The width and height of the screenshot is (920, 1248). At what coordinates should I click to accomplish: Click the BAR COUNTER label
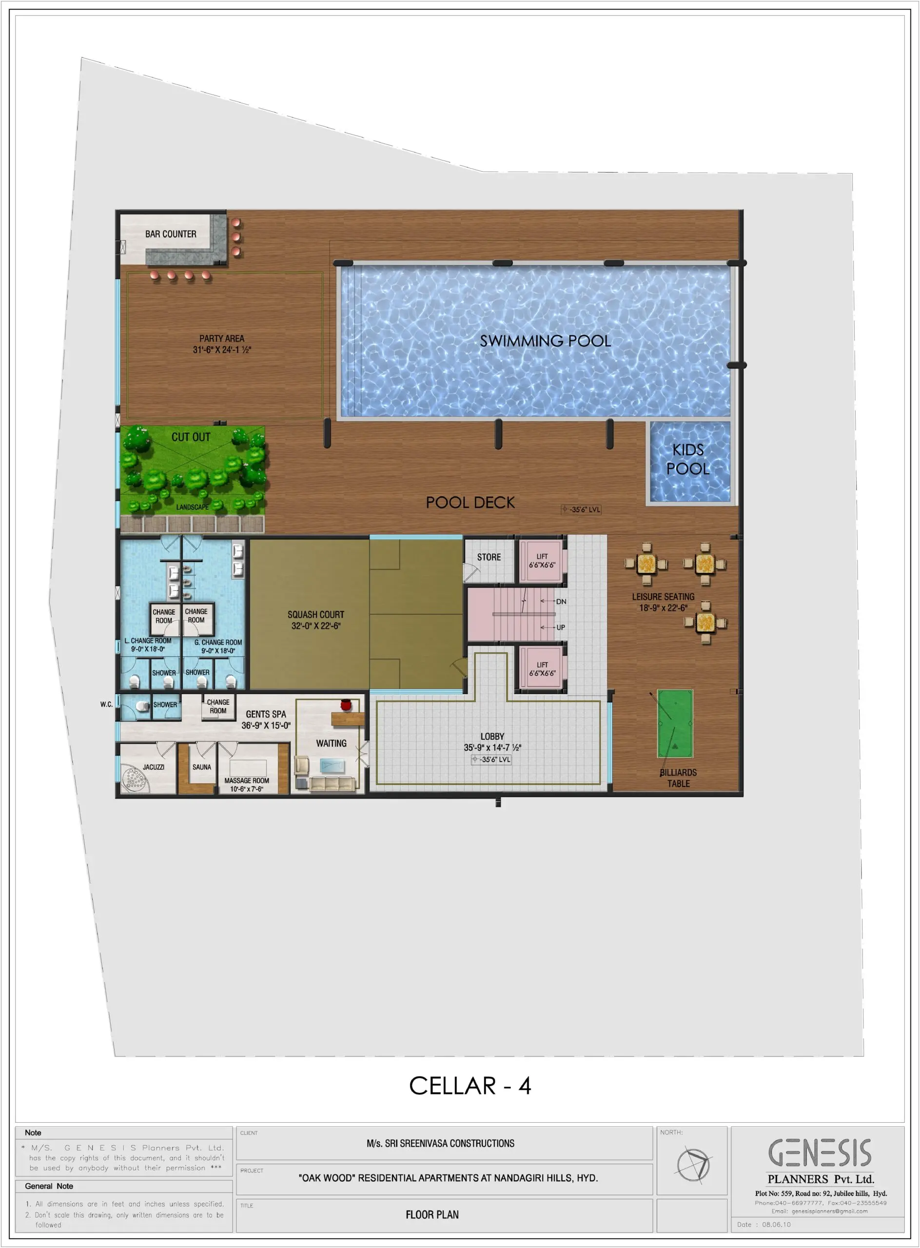point(171,234)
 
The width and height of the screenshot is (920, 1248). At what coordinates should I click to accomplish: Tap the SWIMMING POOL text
point(545,341)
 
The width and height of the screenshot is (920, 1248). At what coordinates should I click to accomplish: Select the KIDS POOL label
point(688,459)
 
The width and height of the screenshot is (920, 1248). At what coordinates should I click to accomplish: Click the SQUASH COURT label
point(316,614)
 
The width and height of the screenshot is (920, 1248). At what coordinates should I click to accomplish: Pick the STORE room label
point(489,557)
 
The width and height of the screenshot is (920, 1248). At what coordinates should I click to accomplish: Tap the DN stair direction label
point(561,602)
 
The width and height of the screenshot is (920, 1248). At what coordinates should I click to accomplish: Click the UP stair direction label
point(561,627)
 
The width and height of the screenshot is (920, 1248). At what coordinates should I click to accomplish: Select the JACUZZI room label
point(154,767)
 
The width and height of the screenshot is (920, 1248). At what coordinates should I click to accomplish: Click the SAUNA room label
point(201,767)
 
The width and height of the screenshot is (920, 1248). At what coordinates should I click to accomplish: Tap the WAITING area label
point(332,743)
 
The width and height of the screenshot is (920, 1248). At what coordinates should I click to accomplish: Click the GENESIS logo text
point(820,1153)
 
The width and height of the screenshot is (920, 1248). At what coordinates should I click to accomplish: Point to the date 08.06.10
point(776,1225)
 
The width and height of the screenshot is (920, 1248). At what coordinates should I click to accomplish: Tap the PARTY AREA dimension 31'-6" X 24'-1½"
point(222,350)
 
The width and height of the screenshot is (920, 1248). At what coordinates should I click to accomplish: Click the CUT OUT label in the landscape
point(191,437)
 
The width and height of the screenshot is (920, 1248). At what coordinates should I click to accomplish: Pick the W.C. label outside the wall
point(106,704)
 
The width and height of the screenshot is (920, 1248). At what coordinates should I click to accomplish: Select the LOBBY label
point(492,736)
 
